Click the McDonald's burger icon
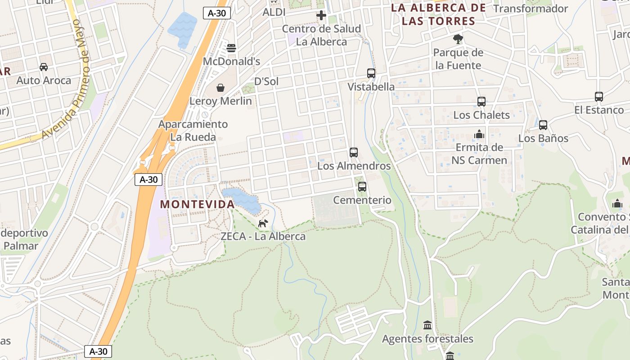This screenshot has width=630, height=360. [232, 48]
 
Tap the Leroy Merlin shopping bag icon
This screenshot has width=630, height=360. [220, 88]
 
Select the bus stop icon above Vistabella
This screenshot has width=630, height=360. [371, 73]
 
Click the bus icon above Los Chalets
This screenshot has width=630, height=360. [481, 102]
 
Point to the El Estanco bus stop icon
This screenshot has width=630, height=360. [599, 97]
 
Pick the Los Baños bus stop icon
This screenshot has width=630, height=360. [543, 125]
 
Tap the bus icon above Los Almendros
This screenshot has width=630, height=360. [354, 153]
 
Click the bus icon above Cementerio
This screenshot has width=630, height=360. [362, 187]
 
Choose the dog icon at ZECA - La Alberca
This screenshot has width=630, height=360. [263, 223]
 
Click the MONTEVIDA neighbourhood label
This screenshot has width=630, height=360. [198, 204]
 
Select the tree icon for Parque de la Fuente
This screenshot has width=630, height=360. [458, 39]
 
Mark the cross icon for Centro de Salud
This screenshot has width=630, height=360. [321, 16]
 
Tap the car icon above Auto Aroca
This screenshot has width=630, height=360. [44, 67]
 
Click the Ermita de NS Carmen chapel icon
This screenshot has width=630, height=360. [479, 134]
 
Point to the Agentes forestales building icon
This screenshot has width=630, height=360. [427, 325]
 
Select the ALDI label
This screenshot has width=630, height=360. [274, 12]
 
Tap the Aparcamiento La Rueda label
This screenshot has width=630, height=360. [193, 130]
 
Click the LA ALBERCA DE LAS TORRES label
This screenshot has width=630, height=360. [438, 14]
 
